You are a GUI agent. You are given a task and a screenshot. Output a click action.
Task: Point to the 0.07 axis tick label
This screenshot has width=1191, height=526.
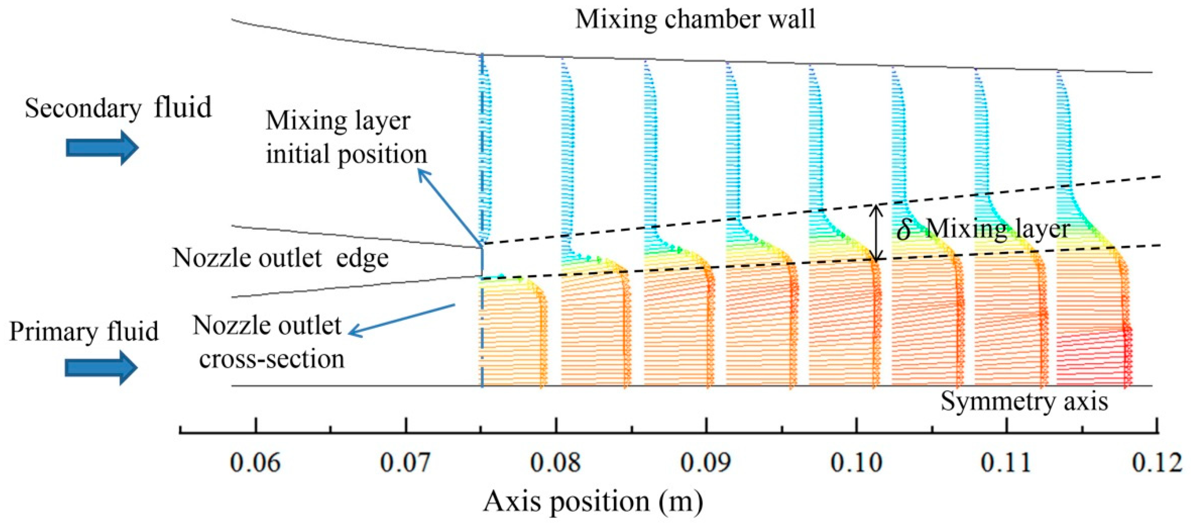tap(405, 463)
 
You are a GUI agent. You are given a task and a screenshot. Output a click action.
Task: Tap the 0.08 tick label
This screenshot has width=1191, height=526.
tap(556, 463)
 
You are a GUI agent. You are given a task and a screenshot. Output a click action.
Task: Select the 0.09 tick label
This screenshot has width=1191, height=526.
tap(706, 463)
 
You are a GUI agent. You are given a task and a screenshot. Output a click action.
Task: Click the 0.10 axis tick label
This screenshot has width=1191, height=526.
tap(856, 463)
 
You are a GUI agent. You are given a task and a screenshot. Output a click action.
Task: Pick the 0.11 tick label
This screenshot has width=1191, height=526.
tap(1006, 463)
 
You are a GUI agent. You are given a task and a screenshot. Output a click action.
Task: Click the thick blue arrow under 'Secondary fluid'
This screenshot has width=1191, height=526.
tap(102, 147)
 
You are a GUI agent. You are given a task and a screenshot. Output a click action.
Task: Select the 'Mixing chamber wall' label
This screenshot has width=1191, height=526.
tap(695, 19)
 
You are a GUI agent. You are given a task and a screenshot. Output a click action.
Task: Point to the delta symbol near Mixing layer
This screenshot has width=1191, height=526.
tap(903, 229)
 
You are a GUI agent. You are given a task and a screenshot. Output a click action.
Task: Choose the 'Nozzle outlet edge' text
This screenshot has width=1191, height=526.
tap(280, 258)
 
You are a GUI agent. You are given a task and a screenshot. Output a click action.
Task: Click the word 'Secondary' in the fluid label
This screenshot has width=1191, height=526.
tap(83, 108)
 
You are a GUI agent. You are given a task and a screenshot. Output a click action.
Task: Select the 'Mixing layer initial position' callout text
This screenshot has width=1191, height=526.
tap(346, 137)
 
